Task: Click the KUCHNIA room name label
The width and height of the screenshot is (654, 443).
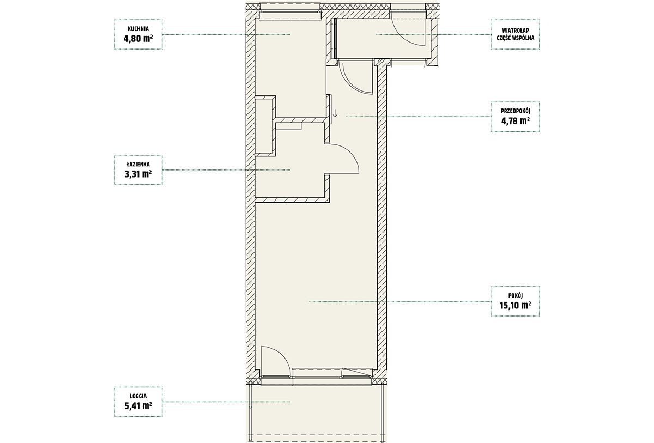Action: tap(138, 29)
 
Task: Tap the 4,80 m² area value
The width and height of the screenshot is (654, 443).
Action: tap(138, 39)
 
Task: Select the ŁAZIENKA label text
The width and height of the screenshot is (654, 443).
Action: tap(138, 165)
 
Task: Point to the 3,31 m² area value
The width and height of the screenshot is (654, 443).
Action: tap(138, 174)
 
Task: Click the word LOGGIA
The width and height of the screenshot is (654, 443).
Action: tap(138, 396)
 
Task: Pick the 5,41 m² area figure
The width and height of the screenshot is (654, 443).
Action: tap(138, 406)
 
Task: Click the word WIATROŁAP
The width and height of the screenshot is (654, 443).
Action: tap(516, 31)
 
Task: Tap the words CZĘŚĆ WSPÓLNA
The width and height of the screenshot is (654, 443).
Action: tap(516, 38)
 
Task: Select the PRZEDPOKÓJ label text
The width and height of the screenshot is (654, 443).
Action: tap(516, 111)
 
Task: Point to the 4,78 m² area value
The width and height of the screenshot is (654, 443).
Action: tap(516, 121)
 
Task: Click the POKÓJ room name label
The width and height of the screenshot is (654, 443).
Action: tap(516, 296)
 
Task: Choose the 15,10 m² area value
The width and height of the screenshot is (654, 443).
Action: tap(516, 306)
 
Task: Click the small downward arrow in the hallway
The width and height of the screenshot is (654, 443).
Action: tap(335, 113)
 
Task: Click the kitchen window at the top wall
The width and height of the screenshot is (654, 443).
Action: tap(290, 12)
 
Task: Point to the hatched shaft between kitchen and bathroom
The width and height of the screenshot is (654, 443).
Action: tap(265, 126)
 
